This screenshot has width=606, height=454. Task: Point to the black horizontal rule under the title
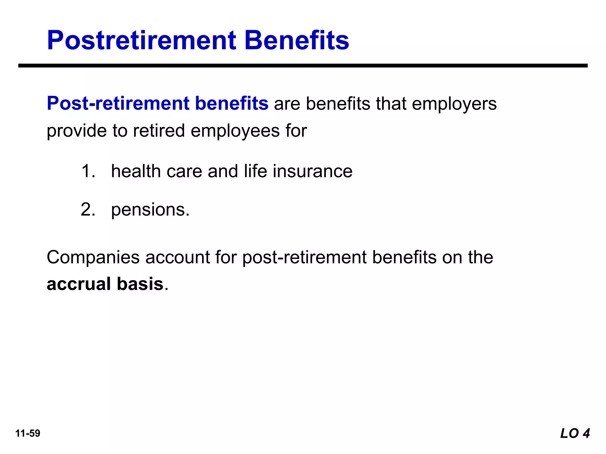click(x=303, y=66)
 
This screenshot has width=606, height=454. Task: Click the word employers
click(x=454, y=104)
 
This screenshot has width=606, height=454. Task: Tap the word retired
click(x=159, y=131)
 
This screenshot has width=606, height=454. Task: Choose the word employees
click(x=235, y=131)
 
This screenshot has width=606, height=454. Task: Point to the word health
click(x=136, y=171)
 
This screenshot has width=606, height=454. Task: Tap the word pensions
click(x=150, y=210)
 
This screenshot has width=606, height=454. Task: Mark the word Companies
click(x=93, y=257)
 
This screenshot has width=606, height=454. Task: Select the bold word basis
click(x=140, y=284)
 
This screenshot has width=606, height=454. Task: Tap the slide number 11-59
click(x=28, y=433)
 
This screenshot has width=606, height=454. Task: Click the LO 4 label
click(x=575, y=433)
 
